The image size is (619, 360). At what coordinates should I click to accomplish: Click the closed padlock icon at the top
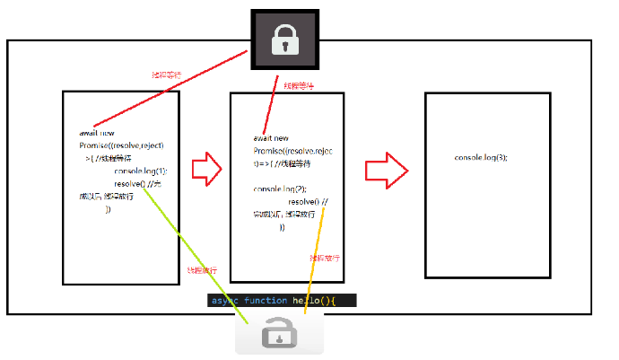click(x=285, y=41)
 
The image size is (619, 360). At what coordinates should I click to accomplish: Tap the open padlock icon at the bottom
click(x=279, y=335)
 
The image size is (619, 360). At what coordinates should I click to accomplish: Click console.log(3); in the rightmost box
click(x=481, y=158)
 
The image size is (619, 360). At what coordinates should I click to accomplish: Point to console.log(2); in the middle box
click(x=280, y=189)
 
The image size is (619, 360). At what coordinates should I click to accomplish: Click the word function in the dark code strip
click(x=265, y=301)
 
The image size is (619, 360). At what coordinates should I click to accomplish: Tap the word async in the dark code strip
click(x=225, y=301)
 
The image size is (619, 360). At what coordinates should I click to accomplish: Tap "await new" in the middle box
click(x=271, y=138)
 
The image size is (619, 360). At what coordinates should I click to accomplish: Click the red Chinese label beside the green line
click(x=201, y=270)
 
